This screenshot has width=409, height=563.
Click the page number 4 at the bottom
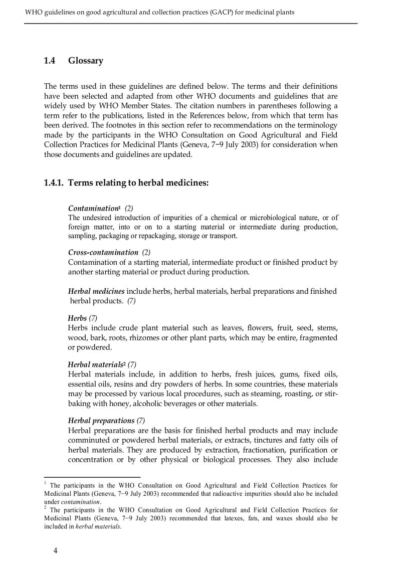click(x=56, y=550)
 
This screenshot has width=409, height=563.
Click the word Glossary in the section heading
click(x=86, y=61)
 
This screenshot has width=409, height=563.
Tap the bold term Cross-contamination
click(x=103, y=252)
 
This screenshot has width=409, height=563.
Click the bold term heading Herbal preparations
click(x=101, y=421)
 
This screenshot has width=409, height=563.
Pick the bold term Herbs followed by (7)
click(x=77, y=318)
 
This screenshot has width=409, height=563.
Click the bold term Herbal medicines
click(x=96, y=291)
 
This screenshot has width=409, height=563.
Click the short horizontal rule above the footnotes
click(x=92, y=477)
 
